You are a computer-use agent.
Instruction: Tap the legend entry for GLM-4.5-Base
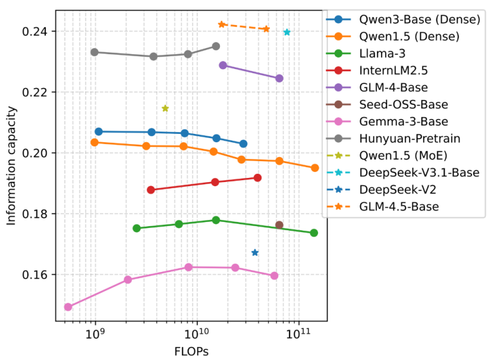tap(399, 207)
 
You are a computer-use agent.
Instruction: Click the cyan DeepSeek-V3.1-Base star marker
tap(287, 32)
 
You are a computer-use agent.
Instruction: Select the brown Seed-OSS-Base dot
tap(279, 225)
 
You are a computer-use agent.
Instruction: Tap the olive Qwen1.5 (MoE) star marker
tap(165, 108)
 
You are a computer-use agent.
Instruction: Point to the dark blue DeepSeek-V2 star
tap(255, 252)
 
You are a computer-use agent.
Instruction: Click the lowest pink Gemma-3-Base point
tap(68, 307)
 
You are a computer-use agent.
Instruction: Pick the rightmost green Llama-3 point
tap(314, 233)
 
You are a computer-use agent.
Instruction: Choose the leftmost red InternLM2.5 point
tap(151, 190)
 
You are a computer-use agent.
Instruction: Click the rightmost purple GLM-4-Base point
tap(279, 79)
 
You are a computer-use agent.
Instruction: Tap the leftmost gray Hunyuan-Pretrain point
tap(95, 52)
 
